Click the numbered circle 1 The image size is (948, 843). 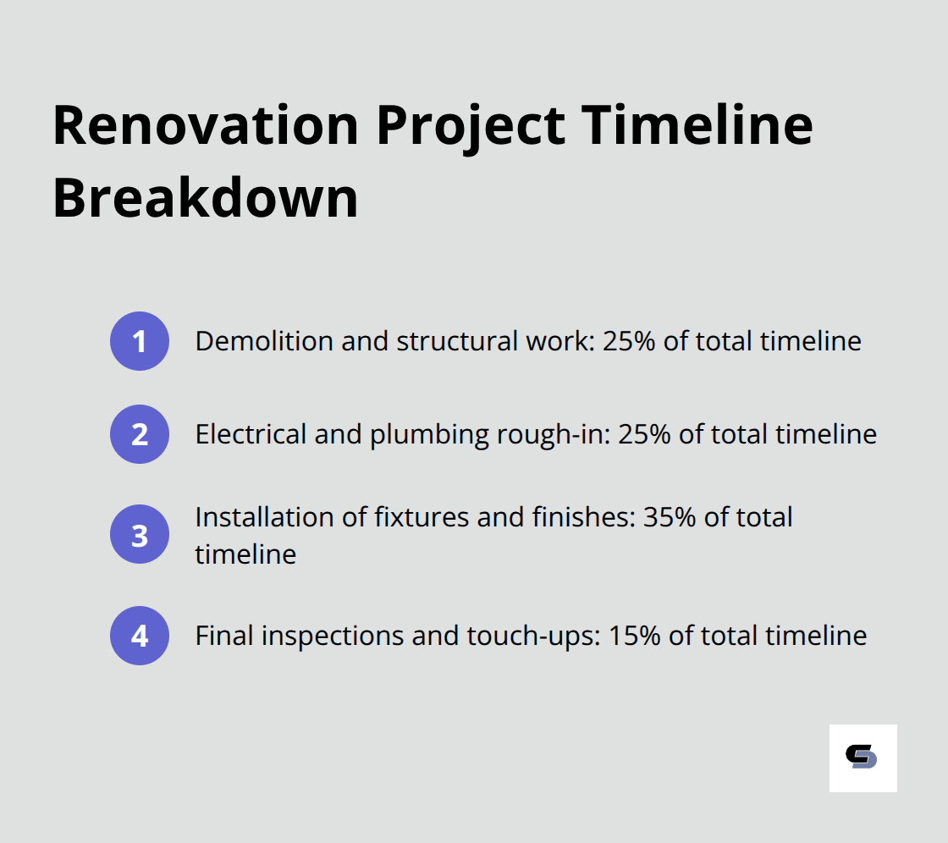[140, 341]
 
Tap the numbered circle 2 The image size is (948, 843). [140, 434]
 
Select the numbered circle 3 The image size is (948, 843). [140, 535]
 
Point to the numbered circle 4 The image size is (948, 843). [140, 636]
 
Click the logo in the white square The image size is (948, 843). [863, 758]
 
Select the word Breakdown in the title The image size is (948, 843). [206, 199]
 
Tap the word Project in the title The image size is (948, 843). [471, 125]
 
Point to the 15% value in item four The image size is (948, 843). [634, 636]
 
